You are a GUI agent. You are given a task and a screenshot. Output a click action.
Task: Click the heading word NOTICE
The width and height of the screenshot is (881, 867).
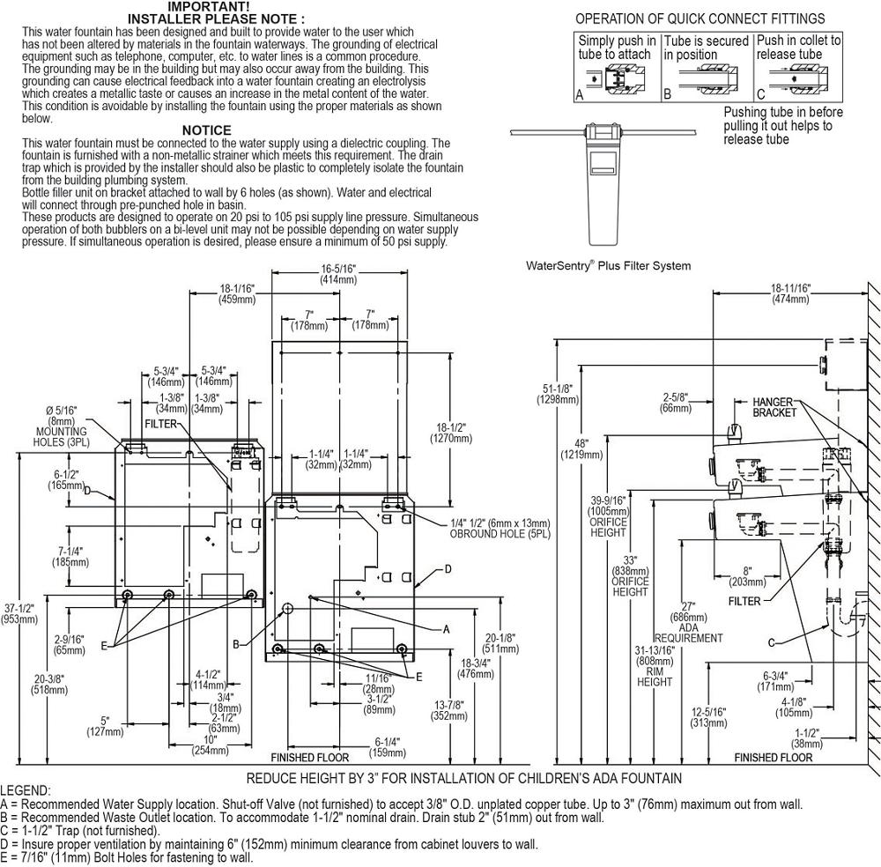click(206, 130)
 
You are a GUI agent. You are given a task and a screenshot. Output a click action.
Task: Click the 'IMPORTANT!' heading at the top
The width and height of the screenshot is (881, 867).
click(209, 7)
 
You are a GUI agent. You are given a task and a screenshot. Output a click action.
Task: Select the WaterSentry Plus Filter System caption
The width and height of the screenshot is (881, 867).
click(608, 266)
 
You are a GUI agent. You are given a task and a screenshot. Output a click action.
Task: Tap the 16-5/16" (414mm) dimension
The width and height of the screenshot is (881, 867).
click(338, 274)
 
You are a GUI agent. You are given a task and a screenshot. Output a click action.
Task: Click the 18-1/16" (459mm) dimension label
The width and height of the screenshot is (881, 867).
click(236, 294)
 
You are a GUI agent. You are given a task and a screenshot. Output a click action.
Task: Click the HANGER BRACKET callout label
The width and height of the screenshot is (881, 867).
click(774, 407)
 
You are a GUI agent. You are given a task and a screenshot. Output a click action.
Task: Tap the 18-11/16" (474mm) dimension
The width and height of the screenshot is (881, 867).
click(790, 294)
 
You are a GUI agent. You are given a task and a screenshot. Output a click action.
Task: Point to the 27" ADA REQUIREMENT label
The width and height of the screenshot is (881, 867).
click(688, 623)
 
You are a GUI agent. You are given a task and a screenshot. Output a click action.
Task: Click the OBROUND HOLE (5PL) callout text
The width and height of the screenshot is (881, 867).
click(500, 529)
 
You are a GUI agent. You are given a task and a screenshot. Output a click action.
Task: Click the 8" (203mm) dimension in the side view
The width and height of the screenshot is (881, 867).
click(747, 576)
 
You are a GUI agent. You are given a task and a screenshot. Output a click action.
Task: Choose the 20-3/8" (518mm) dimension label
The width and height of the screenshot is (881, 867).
click(50, 685)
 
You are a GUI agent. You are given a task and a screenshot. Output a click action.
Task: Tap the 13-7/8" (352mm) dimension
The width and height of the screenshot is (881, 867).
click(449, 710)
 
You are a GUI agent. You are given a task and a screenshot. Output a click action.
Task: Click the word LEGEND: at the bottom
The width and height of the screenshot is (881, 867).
click(26, 791)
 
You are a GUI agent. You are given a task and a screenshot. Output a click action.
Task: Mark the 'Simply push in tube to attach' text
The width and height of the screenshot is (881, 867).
click(617, 48)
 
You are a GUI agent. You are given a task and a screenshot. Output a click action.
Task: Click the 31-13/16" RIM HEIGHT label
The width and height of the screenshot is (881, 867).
click(655, 666)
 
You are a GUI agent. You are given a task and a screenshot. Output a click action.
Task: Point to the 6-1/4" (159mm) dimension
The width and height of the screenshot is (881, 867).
click(387, 747)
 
